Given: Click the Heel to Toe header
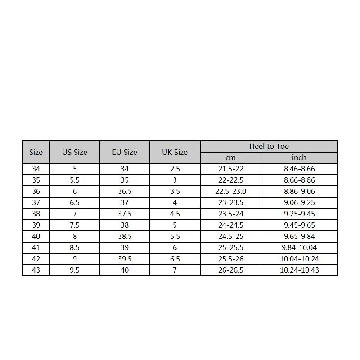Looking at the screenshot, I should click(x=269, y=146).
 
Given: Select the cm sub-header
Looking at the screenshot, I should click(x=230, y=157).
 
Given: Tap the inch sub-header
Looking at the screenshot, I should click(x=299, y=157).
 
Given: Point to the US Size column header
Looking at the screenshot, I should click(x=75, y=152).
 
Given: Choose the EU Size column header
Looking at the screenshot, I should click(x=125, y=152).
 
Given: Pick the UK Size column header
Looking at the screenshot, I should click(x=175, y=152).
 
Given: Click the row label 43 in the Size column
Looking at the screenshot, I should click(x=36, y=270).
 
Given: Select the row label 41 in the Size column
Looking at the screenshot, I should click(x=36, y=247).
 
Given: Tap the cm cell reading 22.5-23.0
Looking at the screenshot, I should click(x=230, y=191).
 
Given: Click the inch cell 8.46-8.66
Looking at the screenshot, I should click(x=299, y=169).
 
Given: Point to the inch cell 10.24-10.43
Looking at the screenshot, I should click(x=299, y=270).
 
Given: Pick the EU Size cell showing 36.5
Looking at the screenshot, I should click(x=125, y=191).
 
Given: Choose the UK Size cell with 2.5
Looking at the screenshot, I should click(x=175, y=169).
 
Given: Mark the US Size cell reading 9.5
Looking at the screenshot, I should click(x=75, y=270).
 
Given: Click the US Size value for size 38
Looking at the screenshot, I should click(x=75, y=214).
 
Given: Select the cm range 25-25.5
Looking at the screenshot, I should click(x=230, y=247).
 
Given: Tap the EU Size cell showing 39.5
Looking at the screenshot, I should click(x=125, y=259).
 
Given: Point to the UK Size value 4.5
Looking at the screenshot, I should click(x=175, y=214).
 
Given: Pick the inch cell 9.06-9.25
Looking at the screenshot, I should click(x=299, y=202).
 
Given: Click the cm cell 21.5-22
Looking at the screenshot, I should click(x=230, y=169).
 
